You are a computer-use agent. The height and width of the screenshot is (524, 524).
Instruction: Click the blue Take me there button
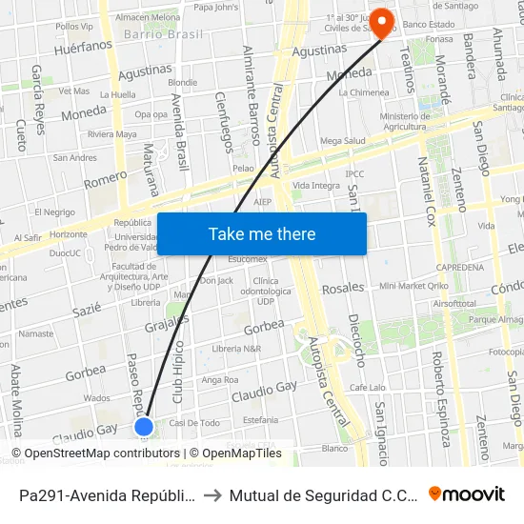pos(262,234)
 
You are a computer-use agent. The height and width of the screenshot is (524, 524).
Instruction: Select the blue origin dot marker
pos(144,427)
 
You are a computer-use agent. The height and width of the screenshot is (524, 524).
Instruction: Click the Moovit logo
pos(467,494)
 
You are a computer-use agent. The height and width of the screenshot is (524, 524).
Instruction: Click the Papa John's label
pos(215,8)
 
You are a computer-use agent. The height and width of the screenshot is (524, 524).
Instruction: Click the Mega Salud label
pos(343,141)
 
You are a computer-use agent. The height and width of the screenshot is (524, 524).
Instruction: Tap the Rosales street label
pos(343,288)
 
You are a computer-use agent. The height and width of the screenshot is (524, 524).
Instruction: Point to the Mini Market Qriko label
pos(413,286)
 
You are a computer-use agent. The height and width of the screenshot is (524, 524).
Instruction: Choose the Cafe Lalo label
pos(367,388)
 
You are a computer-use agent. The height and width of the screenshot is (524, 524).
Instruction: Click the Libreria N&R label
pos(236,349)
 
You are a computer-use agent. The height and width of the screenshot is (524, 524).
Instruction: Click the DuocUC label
pos(65,253)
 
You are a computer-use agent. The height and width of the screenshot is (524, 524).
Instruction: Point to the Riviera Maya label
pos(112,134)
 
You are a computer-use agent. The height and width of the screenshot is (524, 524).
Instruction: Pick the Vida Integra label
pos(316,185)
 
